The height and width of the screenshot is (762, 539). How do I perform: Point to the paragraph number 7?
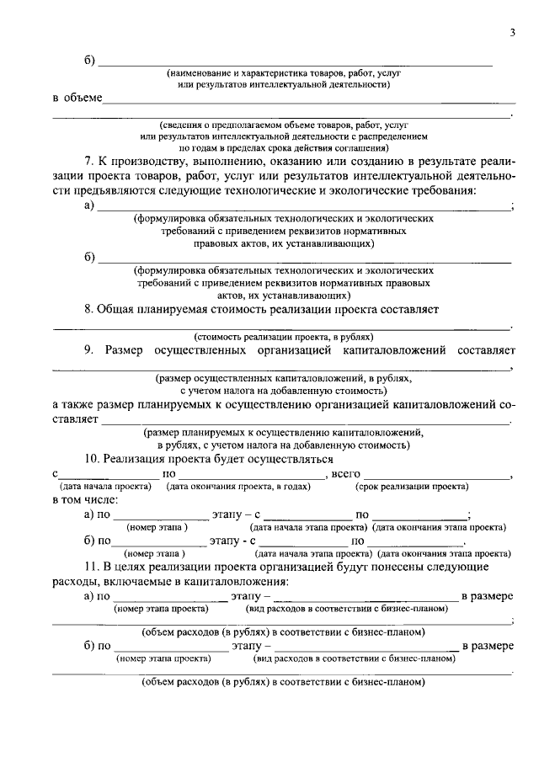[89, 162]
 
